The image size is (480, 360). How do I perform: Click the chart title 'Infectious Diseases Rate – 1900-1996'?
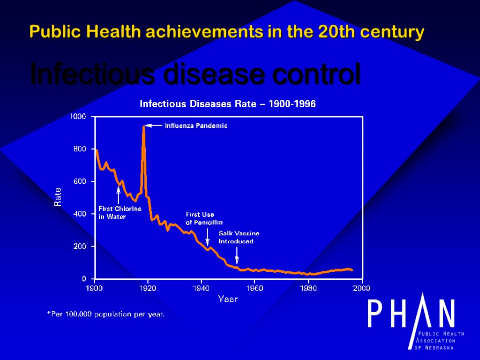pyautogui.click(x=228, y=104)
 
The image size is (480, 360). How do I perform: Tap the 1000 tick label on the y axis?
pyautogui.click(x=78, y=116)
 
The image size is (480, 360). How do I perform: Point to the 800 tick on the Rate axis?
pyautogui.click(x=80, y=149)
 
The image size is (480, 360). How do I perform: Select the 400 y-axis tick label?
pyautogui.click(x=80, y=214)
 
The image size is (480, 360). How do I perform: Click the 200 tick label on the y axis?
pyautogui.click(x=80, y=246)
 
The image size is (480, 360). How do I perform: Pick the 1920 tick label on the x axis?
pyautogui.click(x=148, y=288)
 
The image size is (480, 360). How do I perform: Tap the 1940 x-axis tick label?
pyautogui.click(x=201, y=288)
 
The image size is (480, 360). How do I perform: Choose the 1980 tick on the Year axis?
pyautogui.click(x=308, y=288)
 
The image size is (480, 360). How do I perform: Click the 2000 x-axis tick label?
pyautogui.click(x=361, y=288)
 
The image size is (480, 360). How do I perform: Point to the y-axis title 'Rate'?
pyautogui.click(x=58, y=197)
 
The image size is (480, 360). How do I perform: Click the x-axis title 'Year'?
pyautogui.click(x=228, y=299)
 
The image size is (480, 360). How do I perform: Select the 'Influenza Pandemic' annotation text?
pyautogui.click(x=196, y=126)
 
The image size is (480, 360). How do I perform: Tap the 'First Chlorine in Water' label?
pyautogui.click(x=120, y=212)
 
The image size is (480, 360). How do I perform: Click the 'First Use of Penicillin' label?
pyautogui.click(x=204, y=218)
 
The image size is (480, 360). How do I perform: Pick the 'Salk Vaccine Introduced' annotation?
pyautogui.click(x=239, y=237)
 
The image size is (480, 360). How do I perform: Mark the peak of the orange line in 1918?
pyautogui.click(x=143, y=127)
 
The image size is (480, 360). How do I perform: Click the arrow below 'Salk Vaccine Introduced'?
pyautogui.click(x=237, y=255)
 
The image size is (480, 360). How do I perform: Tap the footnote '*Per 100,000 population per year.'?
pyautogui.click(x=105, y=314)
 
